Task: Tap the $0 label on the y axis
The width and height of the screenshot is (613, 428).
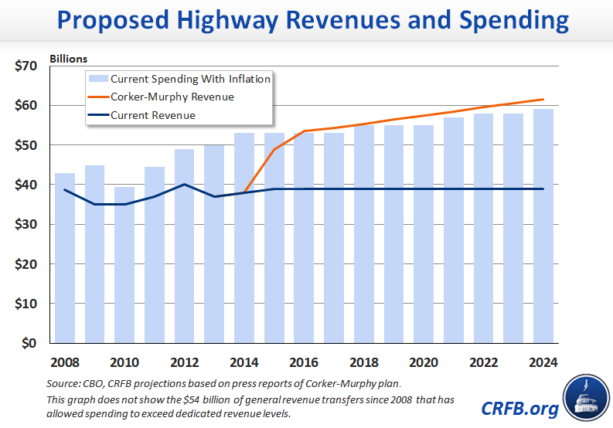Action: pos(29,343)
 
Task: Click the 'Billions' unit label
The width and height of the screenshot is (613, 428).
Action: pos(69,59)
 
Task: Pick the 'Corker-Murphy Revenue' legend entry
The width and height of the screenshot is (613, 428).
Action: pos(172,97)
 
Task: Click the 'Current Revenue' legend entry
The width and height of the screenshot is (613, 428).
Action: pos(152,115)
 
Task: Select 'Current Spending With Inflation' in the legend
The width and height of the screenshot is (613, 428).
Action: pos(190,79)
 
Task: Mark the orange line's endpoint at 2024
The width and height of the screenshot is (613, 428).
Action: pos(544,99)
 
